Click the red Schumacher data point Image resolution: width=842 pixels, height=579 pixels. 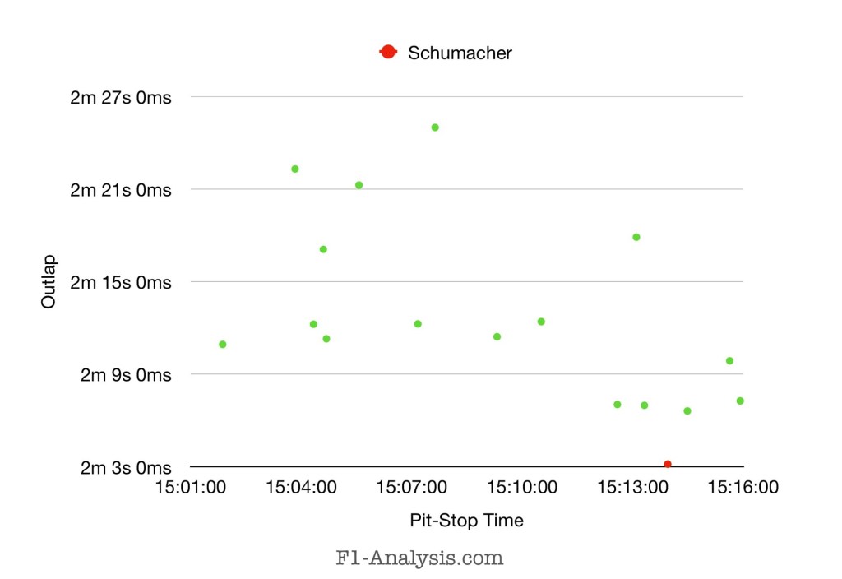(668, 465)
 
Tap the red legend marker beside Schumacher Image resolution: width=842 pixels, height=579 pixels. (387, 53)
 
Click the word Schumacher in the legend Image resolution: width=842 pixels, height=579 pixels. (460, 53)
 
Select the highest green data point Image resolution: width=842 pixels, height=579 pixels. (435, 127)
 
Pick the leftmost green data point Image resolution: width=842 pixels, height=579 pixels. (223, 344)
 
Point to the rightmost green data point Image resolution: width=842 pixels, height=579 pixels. (740, 401)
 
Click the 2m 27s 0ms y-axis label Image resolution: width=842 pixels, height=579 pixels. (121, 98)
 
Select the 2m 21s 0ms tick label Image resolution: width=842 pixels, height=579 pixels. (121, 190)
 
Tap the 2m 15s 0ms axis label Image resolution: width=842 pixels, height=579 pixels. (121, 283)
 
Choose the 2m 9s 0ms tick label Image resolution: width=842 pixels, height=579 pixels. (125, 375)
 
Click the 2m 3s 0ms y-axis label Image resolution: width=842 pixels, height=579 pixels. (125, 468)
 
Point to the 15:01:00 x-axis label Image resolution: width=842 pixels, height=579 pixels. (191, 487)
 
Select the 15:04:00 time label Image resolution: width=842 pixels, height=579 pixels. (302, 487)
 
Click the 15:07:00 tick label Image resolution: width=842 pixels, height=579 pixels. (412, 487)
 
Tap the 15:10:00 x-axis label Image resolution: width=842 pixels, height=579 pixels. (523, 487)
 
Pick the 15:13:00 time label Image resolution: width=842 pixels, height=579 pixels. (633, 487)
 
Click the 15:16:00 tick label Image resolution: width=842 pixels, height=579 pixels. (743, 487)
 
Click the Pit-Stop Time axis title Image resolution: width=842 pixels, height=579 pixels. (466, 521)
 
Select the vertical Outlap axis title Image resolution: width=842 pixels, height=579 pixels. (49, 282)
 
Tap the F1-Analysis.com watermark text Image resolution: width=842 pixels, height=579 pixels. (419, 558)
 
